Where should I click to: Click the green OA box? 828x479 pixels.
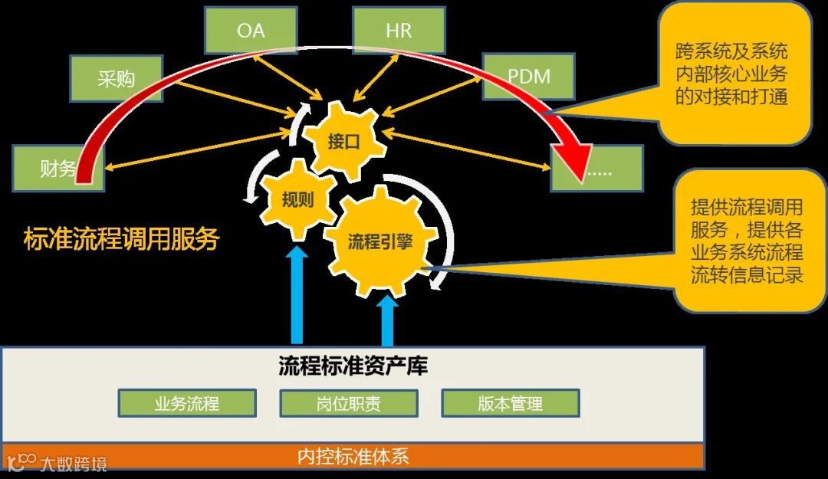pos(251,31)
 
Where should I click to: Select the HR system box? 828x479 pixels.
pos(399,31)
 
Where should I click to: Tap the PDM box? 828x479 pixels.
pos(529,77)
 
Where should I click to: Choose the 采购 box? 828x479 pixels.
pos(116,79)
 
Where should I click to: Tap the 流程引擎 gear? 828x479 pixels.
pos(380,242)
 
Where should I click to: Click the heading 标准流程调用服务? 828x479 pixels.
pos(121,239)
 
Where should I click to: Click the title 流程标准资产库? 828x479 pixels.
pos(353,366)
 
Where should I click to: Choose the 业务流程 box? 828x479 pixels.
pos(187,403)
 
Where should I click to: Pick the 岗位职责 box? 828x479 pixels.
pos(349,403)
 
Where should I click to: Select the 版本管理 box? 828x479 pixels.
pos(511,403)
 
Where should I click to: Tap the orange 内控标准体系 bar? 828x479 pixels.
pos(353,457)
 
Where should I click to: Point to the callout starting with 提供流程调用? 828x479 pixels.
pos(747,241)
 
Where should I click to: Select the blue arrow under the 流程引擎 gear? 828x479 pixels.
pos(387,320)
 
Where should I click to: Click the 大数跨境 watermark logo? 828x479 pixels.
pos(58,462)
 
